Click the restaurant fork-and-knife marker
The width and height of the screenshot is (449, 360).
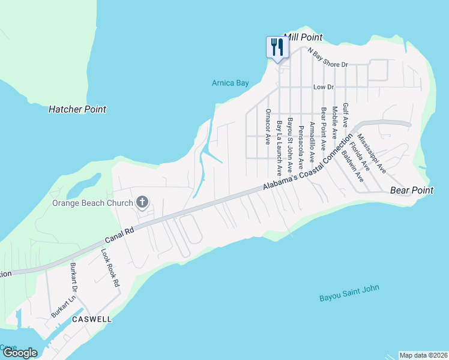coord(277,47)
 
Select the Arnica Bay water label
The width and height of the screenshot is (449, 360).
coord(230,83)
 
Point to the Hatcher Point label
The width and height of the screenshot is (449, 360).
coord(77,109)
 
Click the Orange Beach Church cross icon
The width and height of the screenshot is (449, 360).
coord(142,202)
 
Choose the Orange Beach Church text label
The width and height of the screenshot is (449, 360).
coord(92,203)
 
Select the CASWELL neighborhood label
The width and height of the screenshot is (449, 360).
coord(92,319)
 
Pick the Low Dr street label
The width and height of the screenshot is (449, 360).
coord(323,87)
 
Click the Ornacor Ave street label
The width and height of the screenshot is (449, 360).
coord(268,127)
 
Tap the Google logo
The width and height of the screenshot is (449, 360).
coord(20,353)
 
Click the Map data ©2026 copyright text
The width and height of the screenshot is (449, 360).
coord(423,355)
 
